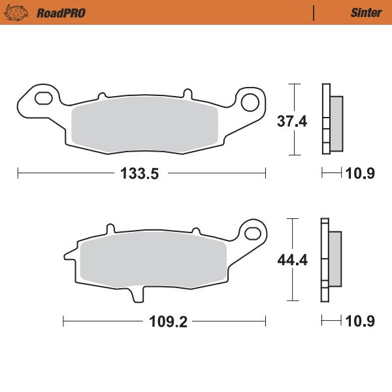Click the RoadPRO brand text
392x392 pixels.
[x=61, y=12]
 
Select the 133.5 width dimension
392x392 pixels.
[x=140, y=174]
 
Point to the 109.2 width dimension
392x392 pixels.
[x=163, y=321]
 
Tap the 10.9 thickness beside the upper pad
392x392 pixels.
[x=360, y=174]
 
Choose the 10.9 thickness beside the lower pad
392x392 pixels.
[x=360, y=321]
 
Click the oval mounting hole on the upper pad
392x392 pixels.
[x=43, y=99]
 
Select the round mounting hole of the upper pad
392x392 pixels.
[x=249, y=102]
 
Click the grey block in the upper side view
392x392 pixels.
[x=336, y=122]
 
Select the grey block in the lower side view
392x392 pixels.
[x=335, y=259]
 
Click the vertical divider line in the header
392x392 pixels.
[x=315, y=12]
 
